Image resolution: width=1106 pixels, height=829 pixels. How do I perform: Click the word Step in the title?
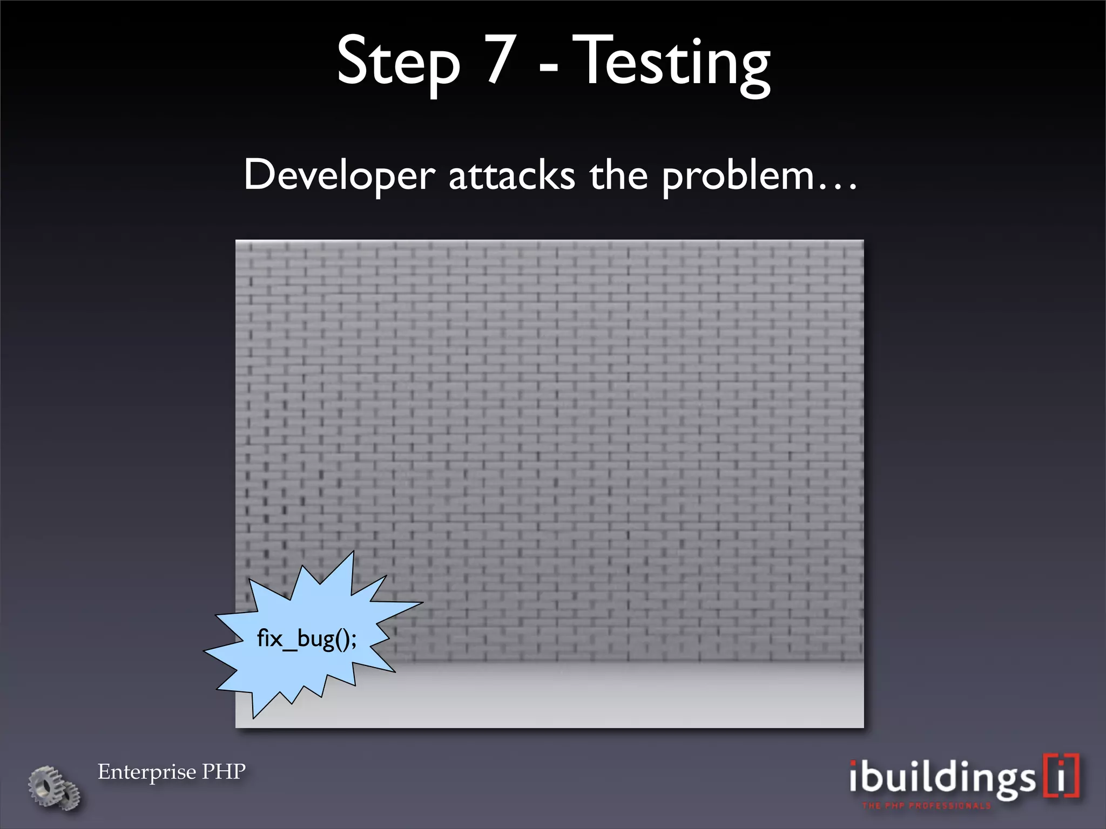coord(398,62)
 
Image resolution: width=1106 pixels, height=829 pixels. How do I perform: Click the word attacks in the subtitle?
coord(512,176)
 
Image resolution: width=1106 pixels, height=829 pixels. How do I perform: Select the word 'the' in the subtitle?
coord(618,175)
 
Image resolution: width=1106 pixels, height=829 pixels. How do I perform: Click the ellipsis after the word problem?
coord(838,187)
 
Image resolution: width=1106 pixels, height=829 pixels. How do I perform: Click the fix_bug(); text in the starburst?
coord(306,639)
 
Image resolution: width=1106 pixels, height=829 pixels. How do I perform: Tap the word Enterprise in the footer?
coord(146,772)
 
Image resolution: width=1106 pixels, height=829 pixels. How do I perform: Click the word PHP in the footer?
coord(224,771)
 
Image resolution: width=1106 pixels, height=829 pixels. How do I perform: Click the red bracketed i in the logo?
coord(1061,776)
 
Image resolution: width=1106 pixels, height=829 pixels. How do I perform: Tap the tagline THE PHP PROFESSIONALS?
coord(926,806)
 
